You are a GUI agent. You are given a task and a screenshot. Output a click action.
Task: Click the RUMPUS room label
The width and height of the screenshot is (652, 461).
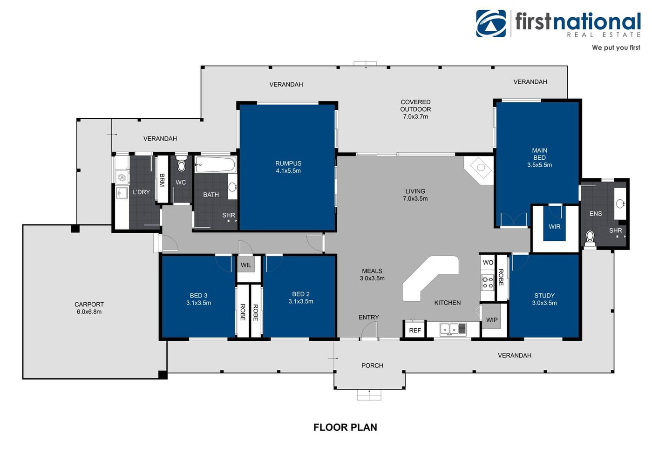(288, 163)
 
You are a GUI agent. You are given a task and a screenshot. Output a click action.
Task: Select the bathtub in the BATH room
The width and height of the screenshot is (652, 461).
(215, 165)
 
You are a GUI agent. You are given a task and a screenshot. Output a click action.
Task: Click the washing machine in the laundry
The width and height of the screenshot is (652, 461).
(122, 177)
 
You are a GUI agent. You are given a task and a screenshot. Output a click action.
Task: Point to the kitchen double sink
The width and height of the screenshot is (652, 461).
(449, 329)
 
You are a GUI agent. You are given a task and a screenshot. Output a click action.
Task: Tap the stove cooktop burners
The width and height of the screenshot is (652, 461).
(488, 282)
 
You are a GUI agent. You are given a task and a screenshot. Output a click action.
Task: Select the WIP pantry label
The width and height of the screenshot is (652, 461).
(492, 320)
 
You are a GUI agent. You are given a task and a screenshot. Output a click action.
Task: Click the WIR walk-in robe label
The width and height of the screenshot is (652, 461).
(555, 227)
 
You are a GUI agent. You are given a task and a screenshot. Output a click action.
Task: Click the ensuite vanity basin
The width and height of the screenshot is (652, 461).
(620, 203)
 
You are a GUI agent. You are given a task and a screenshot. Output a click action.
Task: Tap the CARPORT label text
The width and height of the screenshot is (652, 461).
(89, 305)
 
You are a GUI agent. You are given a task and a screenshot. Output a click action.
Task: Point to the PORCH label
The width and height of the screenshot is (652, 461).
(372, 366)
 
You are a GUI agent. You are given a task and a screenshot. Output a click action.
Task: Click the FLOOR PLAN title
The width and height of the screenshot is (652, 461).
(345, 427)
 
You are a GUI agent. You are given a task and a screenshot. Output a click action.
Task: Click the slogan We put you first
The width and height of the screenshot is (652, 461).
(616, 47)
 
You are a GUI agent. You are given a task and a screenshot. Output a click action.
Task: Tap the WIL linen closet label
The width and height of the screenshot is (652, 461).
(246, 265)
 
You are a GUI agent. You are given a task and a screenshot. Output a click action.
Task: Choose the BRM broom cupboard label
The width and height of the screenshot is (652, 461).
(162, 180)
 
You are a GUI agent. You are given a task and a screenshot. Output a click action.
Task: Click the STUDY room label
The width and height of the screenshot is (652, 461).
(544, 295)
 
